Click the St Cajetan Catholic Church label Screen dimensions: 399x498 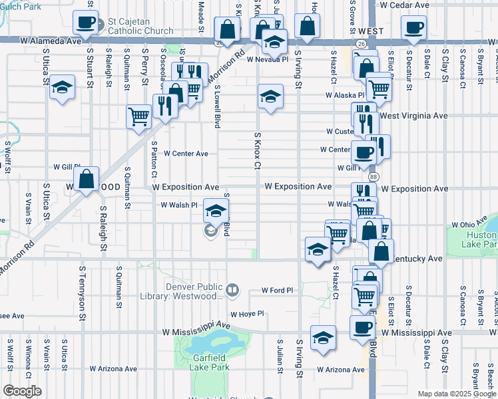(x=140, y=26)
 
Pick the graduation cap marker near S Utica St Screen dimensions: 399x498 (x=62, y=88)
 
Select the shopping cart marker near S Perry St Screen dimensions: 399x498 (x=138, y=117)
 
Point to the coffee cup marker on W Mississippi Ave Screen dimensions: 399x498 (x=363, y=328)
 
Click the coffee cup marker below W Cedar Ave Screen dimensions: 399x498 (x=413, y=29)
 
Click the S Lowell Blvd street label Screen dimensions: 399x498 (x=217, y=106)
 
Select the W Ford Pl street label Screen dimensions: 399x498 (x=278, y=291)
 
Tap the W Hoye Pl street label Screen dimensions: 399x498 (x=248, y=314)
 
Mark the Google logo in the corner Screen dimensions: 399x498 (x=22, y=391)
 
